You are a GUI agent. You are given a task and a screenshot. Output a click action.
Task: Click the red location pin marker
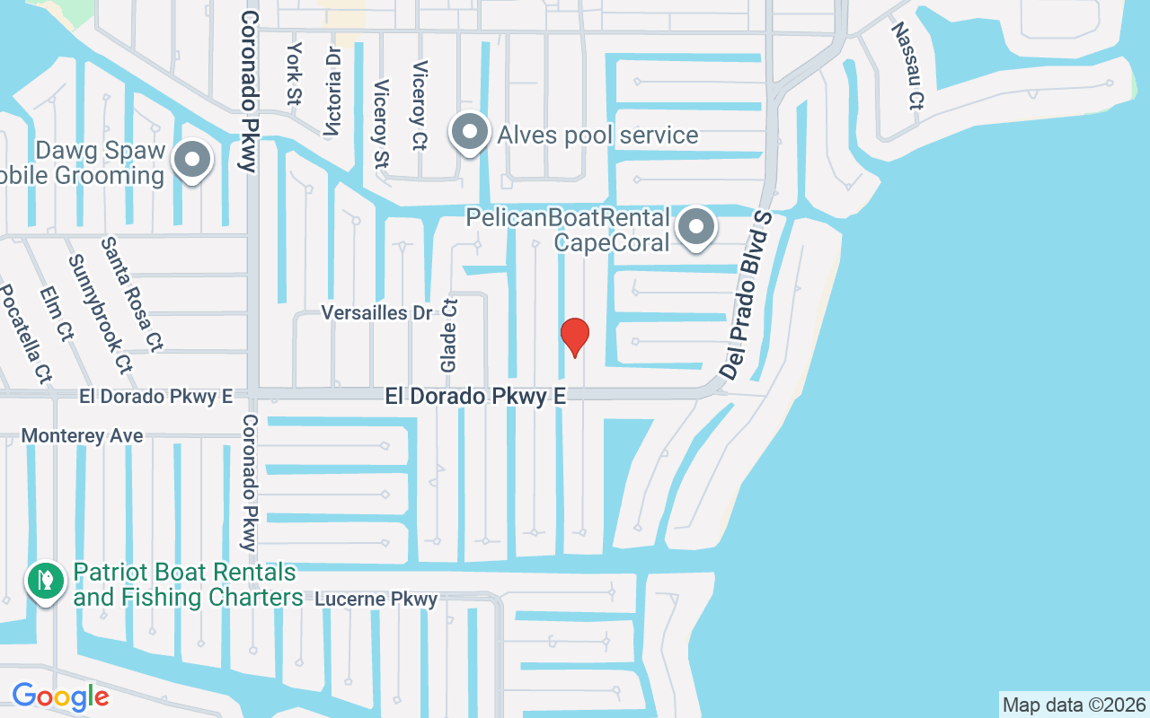[575, 337]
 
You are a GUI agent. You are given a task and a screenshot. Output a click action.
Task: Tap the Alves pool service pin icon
[469, 134]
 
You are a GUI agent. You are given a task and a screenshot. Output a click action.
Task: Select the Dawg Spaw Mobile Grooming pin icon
[191, 162]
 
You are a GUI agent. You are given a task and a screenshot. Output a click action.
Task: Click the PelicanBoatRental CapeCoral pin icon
[696, 228]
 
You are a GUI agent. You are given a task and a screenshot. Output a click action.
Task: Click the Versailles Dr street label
[377, 312]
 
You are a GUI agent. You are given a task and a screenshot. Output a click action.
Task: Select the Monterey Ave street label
[82, 435]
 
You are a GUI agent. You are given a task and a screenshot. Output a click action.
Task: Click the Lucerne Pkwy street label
[376, 599]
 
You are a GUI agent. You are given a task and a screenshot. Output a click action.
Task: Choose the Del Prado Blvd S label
[746, 294]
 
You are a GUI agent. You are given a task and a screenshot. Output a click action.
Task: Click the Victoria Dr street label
[334, 92]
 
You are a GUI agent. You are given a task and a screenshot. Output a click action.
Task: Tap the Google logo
[60, 696]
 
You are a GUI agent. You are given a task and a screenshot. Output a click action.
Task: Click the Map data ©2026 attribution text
[1074, 705]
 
